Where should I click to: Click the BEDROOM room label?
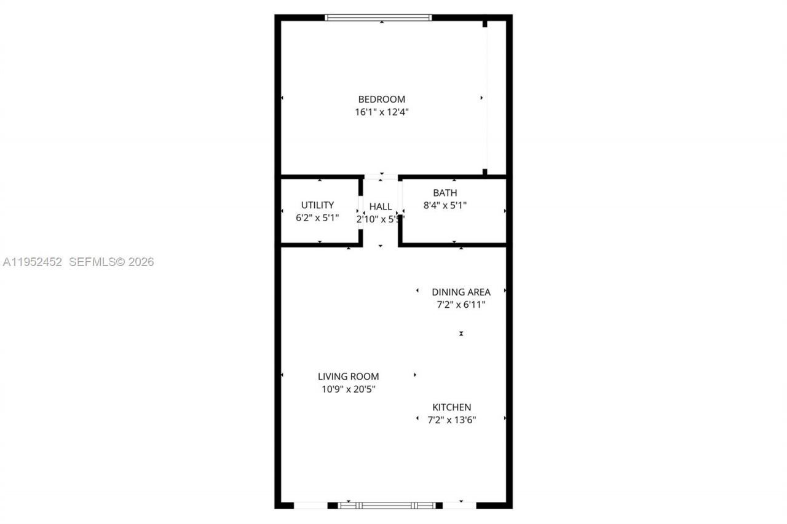point(382,99)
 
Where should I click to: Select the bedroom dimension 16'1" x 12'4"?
point(382,112)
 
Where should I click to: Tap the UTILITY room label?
point(317,205)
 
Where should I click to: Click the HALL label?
point(381,206)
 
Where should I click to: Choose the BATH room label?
point(445,193)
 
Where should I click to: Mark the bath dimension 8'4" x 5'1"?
point(445,206)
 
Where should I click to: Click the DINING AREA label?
point(461,292)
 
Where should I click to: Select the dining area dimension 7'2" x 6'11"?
point(461,305)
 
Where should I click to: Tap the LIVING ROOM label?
point(348,376)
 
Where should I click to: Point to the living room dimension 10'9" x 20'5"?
point(348,389)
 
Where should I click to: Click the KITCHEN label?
point(452,407)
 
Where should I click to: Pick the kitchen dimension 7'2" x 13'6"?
point(452,420)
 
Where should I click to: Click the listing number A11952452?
point(33,262)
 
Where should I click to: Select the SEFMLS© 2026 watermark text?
point(111,262)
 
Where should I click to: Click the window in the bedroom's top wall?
point(378,18)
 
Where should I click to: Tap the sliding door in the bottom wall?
point(387,506)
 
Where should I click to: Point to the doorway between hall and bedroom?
point(381,177)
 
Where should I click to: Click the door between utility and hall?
point(361,211)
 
